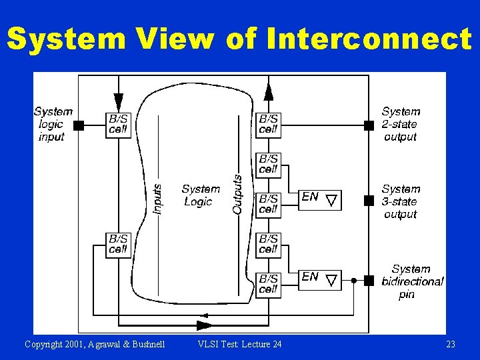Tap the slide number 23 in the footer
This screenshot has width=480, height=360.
point(450,344)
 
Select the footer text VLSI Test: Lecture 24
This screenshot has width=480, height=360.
point(240,344)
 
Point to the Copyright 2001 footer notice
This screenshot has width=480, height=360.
point(95,344)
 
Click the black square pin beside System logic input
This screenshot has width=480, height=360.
point(78,125)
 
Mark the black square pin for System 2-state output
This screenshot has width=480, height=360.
point(369,125)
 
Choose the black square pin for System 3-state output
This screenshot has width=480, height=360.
point(369,200)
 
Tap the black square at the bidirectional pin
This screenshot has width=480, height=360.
point(369,281)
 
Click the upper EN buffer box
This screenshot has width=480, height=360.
point(319,199)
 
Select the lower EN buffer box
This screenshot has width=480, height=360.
point(319,279)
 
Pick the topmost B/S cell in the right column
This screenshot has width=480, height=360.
point(268,124)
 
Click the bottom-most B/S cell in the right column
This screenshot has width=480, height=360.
point(268,283)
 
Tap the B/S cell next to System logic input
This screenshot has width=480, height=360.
point(119,124)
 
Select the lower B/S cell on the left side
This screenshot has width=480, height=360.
point(119,244)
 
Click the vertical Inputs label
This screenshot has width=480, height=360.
point(157,199)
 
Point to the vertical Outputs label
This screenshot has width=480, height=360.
point(237,195)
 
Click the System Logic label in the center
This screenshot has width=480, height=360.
point(199,195)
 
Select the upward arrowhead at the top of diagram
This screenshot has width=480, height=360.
point(268,90)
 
